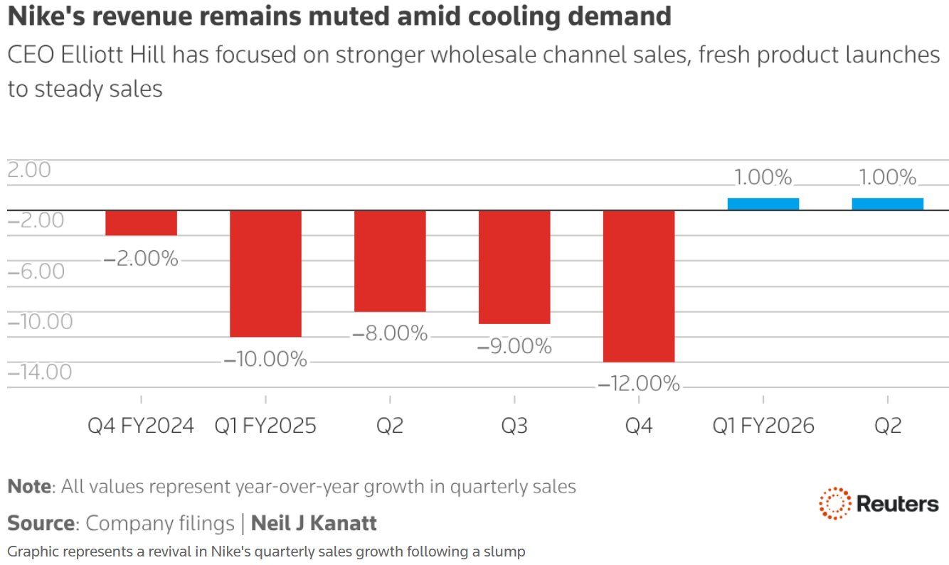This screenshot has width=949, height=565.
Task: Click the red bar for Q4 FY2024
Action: [x=141, y=222]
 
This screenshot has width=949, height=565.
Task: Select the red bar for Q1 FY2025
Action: [x=265, y=274]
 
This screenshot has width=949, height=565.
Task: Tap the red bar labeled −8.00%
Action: [x=390, y=261]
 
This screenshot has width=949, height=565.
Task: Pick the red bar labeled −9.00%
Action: [x=514, y=267]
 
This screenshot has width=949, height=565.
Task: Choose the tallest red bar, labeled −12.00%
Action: [x=639, y=286]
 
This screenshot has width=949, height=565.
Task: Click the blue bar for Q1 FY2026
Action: [x=763, y=204]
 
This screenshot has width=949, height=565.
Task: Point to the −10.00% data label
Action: [x=265, y=360]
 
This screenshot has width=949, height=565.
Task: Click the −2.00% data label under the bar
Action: [x=141, y=259]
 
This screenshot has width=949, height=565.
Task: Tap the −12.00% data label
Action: [x=639, y=384]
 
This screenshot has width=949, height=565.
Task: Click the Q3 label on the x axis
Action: [x=514, y=426]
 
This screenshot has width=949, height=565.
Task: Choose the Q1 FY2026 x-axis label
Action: [x=763, y=426]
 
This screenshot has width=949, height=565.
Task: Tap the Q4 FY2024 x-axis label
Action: [x=141, y=426]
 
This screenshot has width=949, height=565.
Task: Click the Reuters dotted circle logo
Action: [x=835, y=504]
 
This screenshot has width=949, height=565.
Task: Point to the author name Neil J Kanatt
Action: [x=314, y=524]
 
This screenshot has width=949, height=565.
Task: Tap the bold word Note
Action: [x=29, y=487]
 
